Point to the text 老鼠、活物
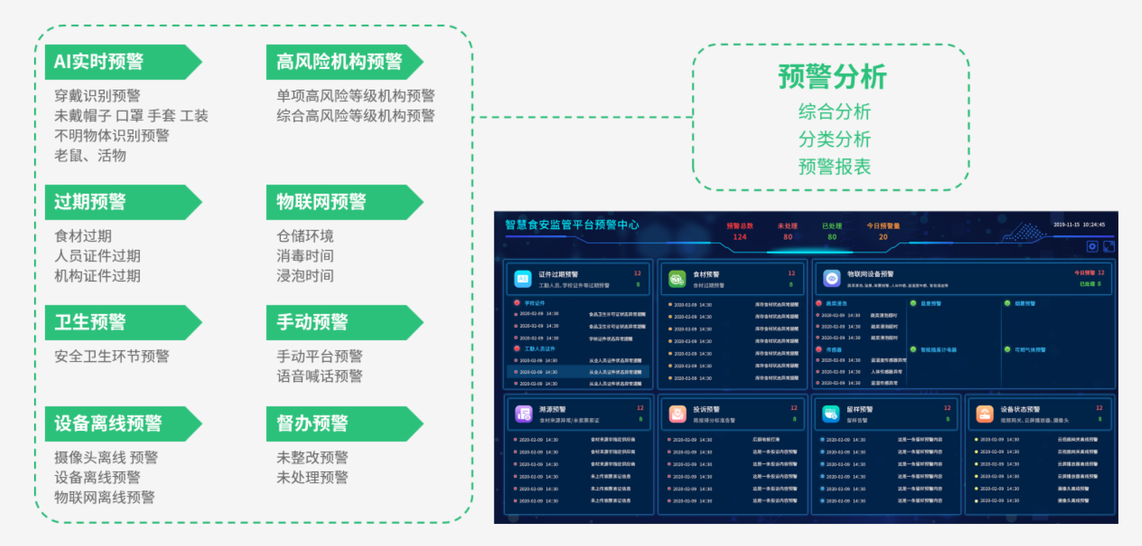(90, 156)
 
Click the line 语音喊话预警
(319, 376)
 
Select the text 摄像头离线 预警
(106, 458)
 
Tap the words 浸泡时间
(305, 276)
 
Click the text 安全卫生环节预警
(111, 356)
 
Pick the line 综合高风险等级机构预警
(355, 116)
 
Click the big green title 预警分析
(832, 77)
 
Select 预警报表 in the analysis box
(834, 167)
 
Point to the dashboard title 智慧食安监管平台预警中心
(572, 225)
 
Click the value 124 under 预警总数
(739, 237)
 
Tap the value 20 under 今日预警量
(882, 237)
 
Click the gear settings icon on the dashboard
(1092, 246)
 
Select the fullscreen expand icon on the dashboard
(1109, 246)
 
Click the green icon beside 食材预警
(677, 279)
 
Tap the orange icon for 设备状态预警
(984, 414)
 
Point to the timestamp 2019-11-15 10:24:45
(1079, 225)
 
